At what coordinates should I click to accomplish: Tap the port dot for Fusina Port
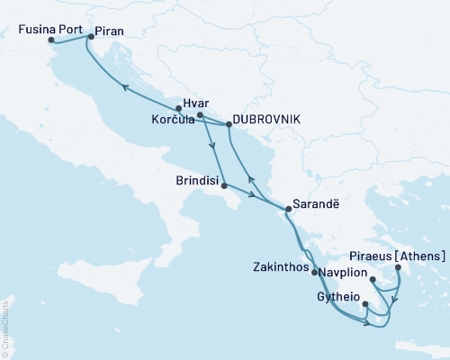pyautogui.click(x=51, y=40)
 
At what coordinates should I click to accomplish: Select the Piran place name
pyautogui.click(x=109, y=29)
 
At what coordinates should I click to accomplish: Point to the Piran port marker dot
pyautogui.click(x=89, y=38)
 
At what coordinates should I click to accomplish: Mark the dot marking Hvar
pyautogui.click(x=199, y=114)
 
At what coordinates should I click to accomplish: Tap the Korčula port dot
pyautogui.click(x=179, y=109)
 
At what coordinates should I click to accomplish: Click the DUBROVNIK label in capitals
pyautogui.click(x=265, y=119)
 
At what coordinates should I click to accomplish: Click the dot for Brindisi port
pyautogui.click(x=223, y=186)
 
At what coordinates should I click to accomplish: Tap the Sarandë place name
pyautogui.click(x=314, y=203)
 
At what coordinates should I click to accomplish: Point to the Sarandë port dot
pyautogui.click(x=287, y=210)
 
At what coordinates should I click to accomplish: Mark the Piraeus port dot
pyautogui.click(x=398, y=267)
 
